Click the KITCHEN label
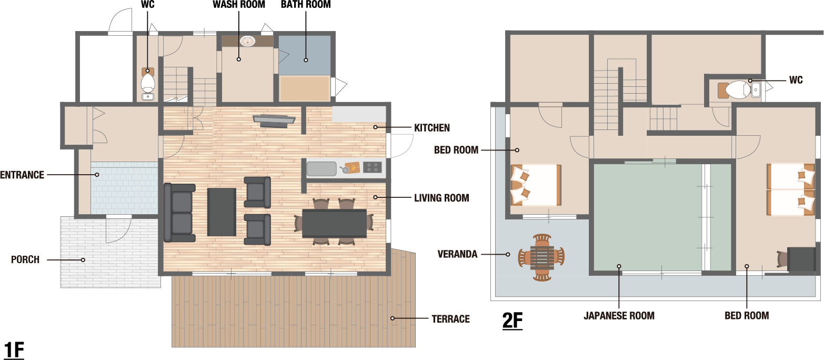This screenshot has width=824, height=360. pos(432,128)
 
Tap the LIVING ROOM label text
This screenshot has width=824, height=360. pos(441,198)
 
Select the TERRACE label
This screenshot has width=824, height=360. pos(450,319)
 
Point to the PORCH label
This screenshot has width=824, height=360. pos(25,259)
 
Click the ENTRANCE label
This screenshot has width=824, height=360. pos(22,175)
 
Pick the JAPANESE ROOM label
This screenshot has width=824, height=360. pos(619,315)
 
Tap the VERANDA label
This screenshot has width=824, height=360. pos(457,254)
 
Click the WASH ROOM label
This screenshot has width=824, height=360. pos(239,4)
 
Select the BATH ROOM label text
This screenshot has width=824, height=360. pos(306,4)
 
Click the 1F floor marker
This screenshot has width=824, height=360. pos(14,350)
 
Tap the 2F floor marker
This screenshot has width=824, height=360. pos(513,320)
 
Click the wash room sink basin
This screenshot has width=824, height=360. pos(247,41)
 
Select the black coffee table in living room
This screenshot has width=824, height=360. pos(222,212)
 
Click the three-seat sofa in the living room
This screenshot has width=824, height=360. pos(179,213)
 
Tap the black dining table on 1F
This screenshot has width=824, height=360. pos(334,224)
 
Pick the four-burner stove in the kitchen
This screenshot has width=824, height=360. pos(372,167)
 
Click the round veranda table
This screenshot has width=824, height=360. pos(541,257)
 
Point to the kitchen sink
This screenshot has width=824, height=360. pos(321,169)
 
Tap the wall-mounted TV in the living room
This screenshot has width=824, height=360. pos(274,121)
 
